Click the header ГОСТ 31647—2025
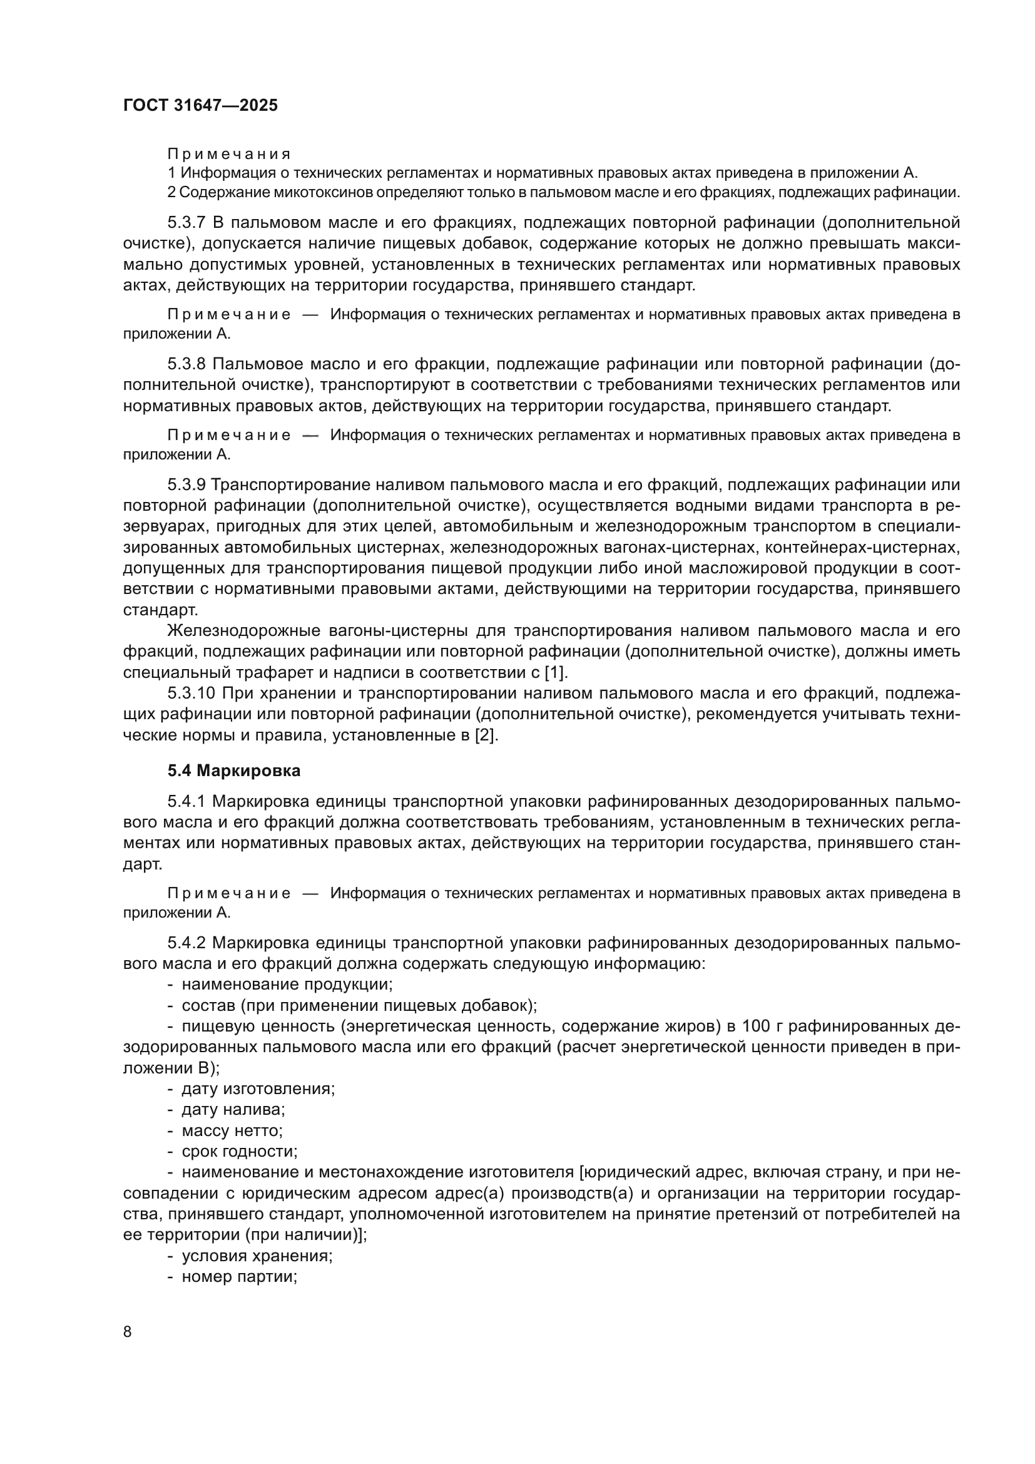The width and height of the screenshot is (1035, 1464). point(201,106)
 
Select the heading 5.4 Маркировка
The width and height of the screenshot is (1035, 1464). point(234,771)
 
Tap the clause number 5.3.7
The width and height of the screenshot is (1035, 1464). point(186,223)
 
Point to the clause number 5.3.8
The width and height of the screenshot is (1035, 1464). point(186,364)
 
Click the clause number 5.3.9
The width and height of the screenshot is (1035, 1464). point(186,484)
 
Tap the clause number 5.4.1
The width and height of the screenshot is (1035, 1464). point(186,802)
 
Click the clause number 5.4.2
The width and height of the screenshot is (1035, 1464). point(186,943)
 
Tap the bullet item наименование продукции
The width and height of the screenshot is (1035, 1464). point(287,985)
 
